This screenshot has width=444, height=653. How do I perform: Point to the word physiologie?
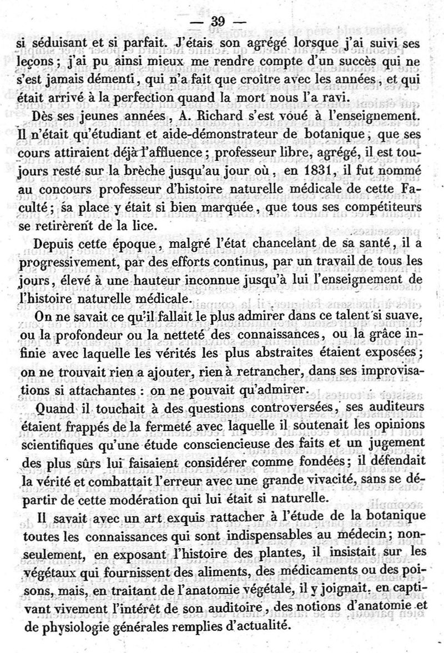tap(86, 623)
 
